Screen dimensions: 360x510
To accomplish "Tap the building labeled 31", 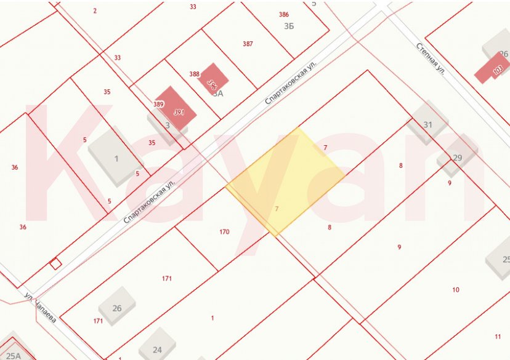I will (x=427, y=124).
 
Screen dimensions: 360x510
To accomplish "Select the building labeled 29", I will (x=457, y=157).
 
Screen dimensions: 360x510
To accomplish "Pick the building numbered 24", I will (x=157, y=348).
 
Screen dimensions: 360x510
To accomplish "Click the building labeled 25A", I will (x=14, y=353).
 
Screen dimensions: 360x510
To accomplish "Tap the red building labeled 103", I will (x=493, y=70).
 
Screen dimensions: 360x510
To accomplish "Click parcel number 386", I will (x=283, y=14).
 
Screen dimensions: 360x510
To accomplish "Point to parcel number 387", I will (x=248, y=44).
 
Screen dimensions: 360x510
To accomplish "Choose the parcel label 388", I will (x=195, y=74).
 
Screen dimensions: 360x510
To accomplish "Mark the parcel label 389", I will (x=158, y=105).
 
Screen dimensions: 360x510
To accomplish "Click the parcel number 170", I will (x=224, y=232).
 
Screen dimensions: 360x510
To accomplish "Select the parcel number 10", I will (x=456, y=289).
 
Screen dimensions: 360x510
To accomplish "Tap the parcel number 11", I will (x=498, y=336).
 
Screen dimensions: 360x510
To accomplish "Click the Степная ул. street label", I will (x=431, y=59).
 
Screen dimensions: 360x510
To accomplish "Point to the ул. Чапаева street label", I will (x=41, y=308).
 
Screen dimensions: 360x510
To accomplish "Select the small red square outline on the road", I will (x=55, y=263).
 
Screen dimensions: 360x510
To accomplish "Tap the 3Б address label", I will (x=289, y=26).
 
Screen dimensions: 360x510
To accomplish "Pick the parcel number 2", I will (x=95, y=10).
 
